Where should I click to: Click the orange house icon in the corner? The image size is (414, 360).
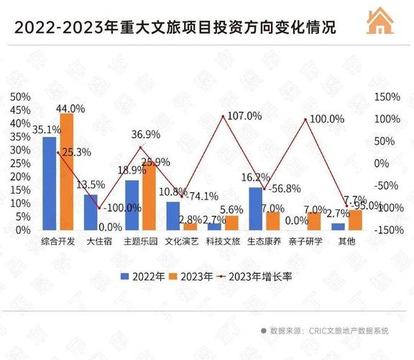pyautogui.click(x=382, y=22)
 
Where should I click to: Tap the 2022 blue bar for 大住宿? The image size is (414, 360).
pyautogui.click(x=91, y=212)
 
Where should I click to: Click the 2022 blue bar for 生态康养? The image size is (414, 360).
pyautogui.click(x=255, y=208)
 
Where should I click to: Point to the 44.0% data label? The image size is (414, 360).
pyautogui.click(x=70, y=108)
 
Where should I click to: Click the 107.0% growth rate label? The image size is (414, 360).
pyautogui.click(x=245, y=116)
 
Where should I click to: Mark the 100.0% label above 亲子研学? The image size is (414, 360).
pyautogui.click(x=327, y=119)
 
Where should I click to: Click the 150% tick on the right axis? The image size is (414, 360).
pyautogui.click(x=387, y=96)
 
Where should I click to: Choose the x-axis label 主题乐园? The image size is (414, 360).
pyautogui.click(x=140, y=243)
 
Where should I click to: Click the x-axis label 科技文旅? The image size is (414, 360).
pyautogui.click(x=223, y=243)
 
